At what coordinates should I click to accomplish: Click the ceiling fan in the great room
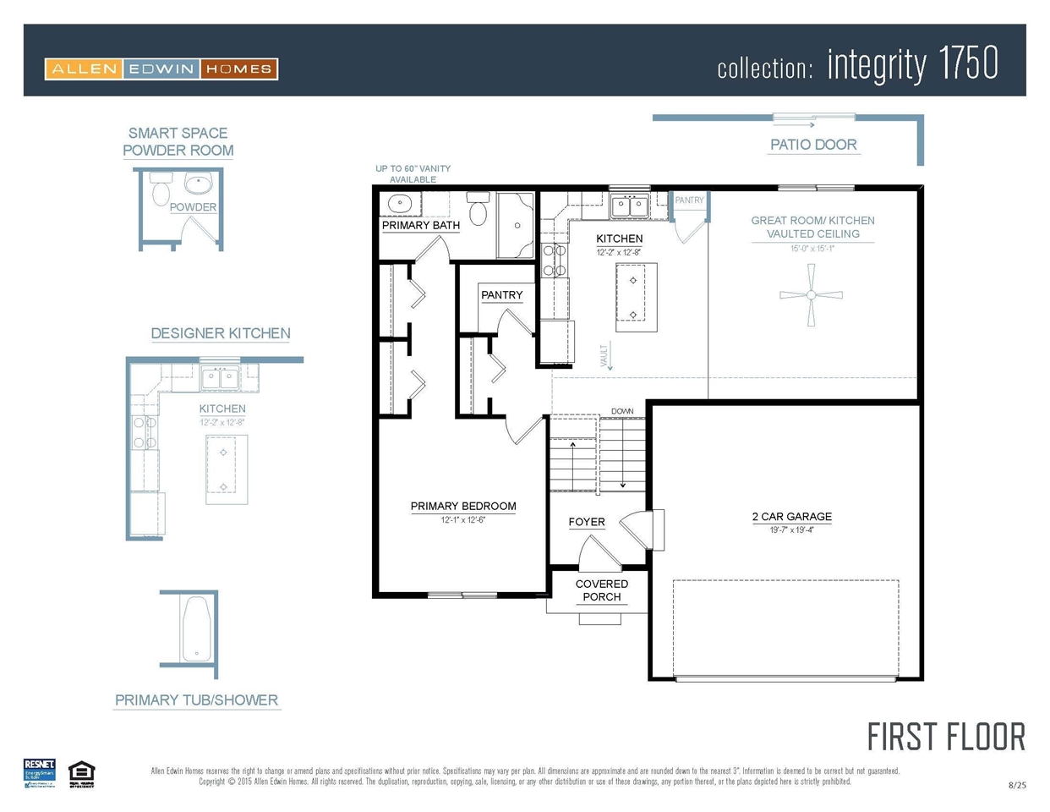coord(811,294)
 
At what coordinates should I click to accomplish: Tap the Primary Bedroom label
coord(463,506)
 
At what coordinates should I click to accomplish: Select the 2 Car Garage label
coord(791,516)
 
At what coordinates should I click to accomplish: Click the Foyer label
coord(587,522)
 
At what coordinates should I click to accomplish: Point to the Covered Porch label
coord(602,590)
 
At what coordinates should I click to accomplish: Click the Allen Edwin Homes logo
coord(161,69)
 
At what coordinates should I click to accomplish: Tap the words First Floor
coord(945,738)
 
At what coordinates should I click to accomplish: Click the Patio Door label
coord(813,145)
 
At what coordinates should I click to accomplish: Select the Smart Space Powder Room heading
coord(178,142)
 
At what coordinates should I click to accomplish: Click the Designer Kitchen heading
coord(221,333)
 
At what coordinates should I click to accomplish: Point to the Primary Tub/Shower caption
coord(196,700)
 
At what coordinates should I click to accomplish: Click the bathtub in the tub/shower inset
coord(197,629)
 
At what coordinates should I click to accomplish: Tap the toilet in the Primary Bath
coord(479,209)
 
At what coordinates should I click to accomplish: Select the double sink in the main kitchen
coord(630,206)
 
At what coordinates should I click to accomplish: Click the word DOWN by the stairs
coord(622,411)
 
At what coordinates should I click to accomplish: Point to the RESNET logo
coord(40,773)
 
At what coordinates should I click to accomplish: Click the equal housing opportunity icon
coord(82,773)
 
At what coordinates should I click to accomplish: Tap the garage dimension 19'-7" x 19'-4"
coord(791,530)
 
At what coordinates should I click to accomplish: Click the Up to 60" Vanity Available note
coord(413,173)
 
